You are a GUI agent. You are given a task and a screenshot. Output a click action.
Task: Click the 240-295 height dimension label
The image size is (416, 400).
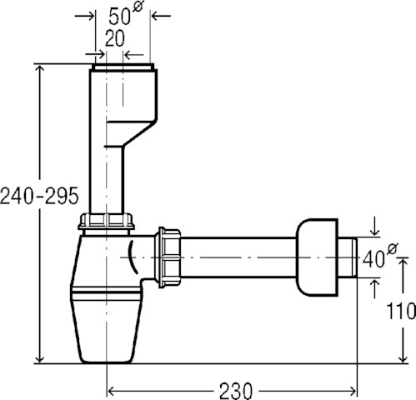[x=39, y=196]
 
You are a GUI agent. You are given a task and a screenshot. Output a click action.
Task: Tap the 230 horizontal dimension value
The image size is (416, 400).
[x=236, y=391]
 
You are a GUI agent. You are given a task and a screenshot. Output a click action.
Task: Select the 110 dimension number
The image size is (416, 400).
[x=401, y=311]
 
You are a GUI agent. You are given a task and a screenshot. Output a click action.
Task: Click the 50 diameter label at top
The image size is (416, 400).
[x=126, y=13]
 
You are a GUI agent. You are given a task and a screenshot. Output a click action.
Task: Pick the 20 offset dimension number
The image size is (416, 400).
[x=115, y=38]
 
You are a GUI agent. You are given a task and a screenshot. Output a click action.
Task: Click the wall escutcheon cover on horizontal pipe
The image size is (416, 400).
[x=317, y=257]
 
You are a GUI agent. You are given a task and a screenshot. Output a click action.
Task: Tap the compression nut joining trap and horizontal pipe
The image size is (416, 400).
[x=169, y=257]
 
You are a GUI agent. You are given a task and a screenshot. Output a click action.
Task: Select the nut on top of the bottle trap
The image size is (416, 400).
[x=106, y=222]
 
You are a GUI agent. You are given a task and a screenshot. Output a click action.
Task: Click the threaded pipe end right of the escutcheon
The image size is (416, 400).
[x=348, y=257]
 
